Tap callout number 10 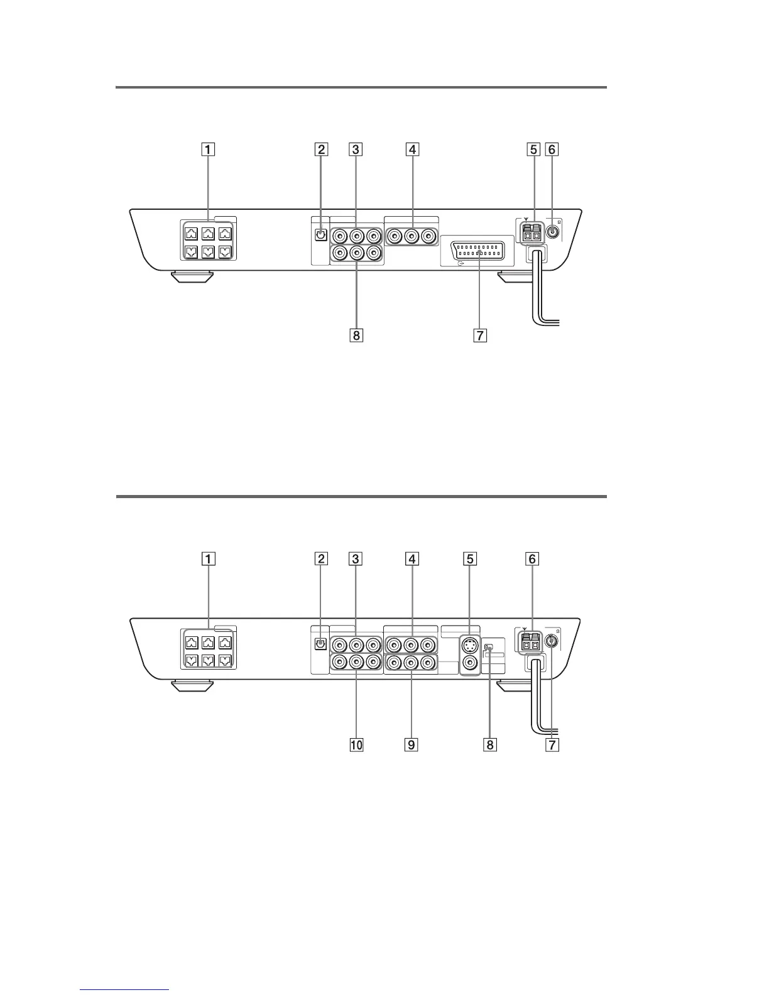click(356, 744)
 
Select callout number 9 click(412, 744)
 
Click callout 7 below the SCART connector click(480, 335)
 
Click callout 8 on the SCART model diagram click(356, 335)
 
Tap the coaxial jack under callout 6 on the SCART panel click(552, 231)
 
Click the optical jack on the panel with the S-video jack click(320, 644)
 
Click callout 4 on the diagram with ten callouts click(412, 558)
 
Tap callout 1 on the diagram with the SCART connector click(207, 150)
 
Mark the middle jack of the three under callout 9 click(412, 662)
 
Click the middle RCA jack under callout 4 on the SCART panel click(412, 237)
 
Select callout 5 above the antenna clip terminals click(533, 150)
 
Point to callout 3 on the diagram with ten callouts click(356, 558)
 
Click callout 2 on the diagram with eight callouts click(321, 150)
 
